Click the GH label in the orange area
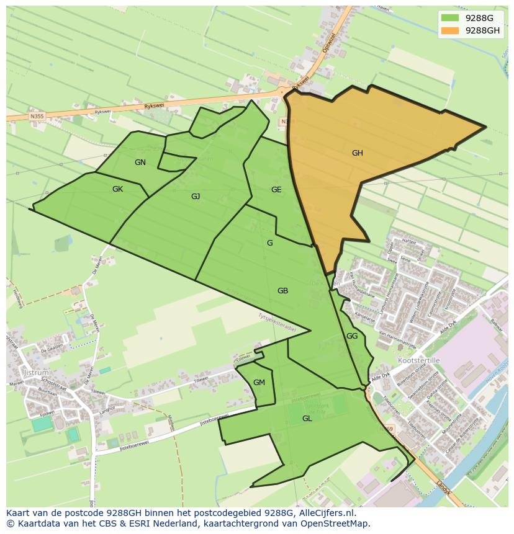(x=357, y=153)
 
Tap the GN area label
(x=140, y=162)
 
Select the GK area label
(x=117, y=189)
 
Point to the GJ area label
(x=196, y=197)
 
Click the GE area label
(x=276, y=190)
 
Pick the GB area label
(x=282, y=291)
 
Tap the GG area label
(x=352, y=336)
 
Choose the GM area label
(x=259, y=383)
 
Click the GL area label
(x=307, y=419)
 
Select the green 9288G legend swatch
(x=449, y=18)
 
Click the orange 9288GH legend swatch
(x=449, y=30)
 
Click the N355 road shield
(x=37, y=115)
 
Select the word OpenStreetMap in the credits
(x=339, y=523)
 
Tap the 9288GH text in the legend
(x=482, y=30)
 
